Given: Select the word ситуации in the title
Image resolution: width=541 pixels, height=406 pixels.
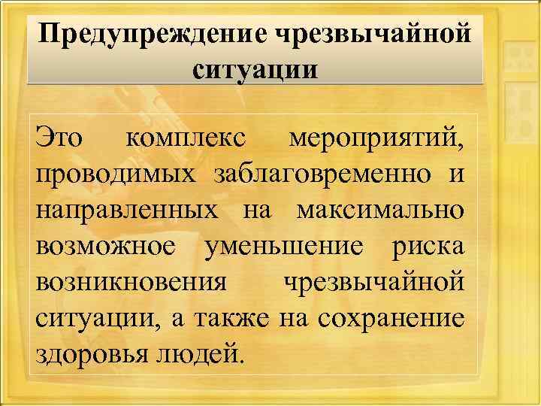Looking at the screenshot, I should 255,70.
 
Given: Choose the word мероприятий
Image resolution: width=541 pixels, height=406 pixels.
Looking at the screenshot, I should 376,140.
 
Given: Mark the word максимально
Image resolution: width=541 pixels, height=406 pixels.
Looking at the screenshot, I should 380,211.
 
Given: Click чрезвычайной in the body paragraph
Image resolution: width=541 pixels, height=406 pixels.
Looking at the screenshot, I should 373,282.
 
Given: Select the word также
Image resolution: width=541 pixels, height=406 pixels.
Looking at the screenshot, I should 234,317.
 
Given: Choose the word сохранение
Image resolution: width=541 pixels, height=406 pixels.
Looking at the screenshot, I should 391,317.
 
